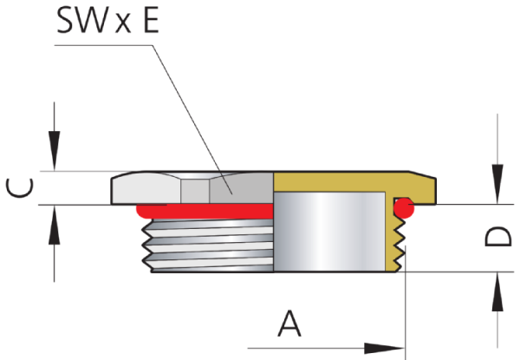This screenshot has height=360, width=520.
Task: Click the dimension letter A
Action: pos(289,324)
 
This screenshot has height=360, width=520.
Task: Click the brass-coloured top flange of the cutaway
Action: pos(347,181)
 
